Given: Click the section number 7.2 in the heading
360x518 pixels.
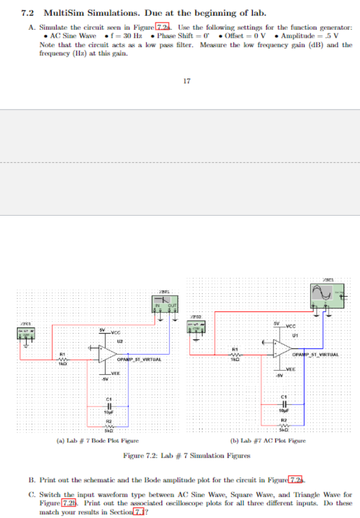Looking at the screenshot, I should [x=27, y=13].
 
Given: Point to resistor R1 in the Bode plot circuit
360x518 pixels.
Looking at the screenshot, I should [x=62, y=359].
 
